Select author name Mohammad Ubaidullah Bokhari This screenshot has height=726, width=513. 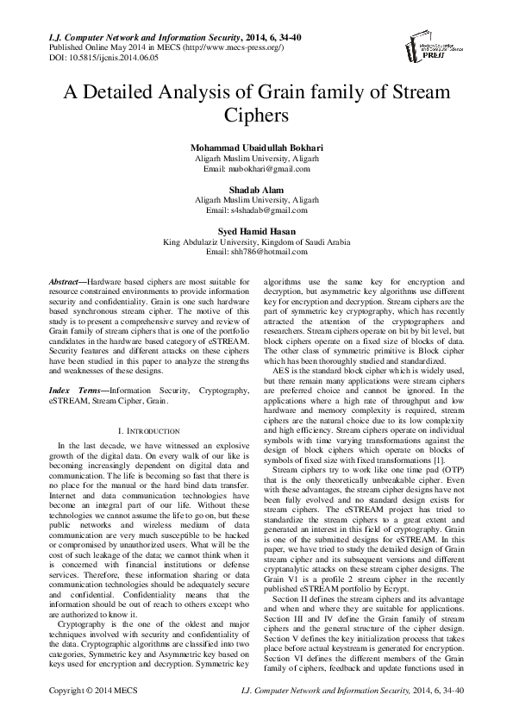255,149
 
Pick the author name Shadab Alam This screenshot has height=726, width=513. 255,190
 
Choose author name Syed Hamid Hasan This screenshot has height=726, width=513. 255,231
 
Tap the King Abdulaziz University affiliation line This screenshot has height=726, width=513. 255,241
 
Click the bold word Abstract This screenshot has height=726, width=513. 66,282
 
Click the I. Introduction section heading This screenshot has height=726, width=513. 147,429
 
